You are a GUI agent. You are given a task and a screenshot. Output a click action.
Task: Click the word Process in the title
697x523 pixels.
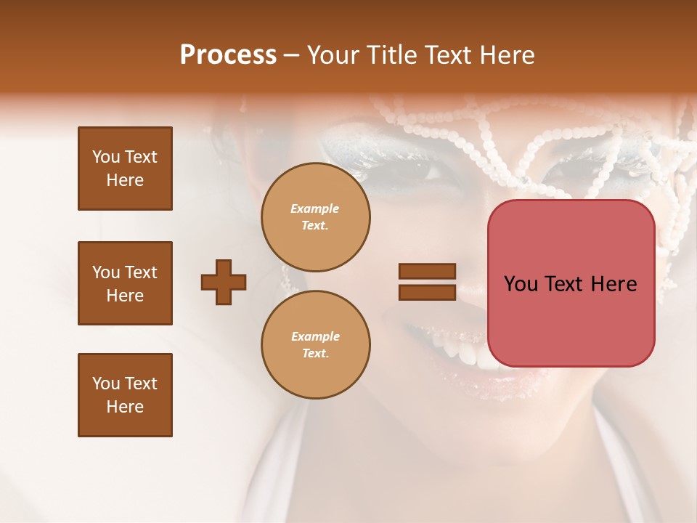click(228, 55)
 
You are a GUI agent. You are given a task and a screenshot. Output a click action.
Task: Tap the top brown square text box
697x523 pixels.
click(125, 169)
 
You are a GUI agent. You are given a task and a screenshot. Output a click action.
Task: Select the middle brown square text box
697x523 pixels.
click(125, 283)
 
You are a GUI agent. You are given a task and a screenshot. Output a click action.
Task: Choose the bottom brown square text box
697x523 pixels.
click(125, 395)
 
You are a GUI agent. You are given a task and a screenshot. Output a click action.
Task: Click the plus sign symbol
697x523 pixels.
click(224, 282)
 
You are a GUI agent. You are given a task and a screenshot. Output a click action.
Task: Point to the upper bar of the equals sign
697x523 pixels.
click(427, 272)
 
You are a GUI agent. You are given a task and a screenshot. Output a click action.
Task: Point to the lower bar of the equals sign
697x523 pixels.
click(427, 292)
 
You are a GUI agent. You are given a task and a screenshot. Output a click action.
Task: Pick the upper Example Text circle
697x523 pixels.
click(315, 216)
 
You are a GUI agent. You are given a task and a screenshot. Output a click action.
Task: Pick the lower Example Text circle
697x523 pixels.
click(315, 344)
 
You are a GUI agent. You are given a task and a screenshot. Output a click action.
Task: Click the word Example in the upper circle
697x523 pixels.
click(315, 208)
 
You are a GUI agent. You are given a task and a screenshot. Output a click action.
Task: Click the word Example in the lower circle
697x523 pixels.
click(315, 336)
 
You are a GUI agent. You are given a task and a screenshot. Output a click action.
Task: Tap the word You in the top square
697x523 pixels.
click(106, 157)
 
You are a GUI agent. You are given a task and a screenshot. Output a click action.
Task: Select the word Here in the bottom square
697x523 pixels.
click(125, 407)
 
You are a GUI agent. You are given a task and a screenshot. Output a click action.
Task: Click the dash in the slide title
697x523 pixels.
click(291, 56)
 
